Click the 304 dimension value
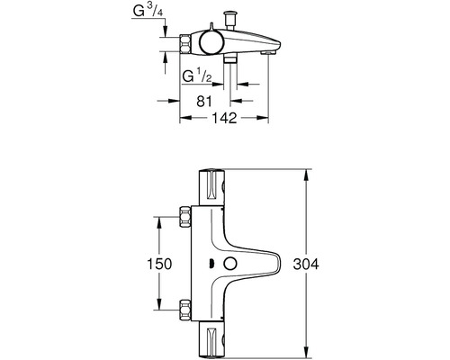tap(306, 265)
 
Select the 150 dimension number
tap(159, 264)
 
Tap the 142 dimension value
tap(224, 118)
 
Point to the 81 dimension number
tap(204, 101)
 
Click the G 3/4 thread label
tap(148, 11)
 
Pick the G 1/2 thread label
tap(197, 76)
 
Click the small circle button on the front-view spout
tap(230, 264)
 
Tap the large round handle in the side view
tap(212, 42)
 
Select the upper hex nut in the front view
tap(184, 217)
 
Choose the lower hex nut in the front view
tap(184, 310)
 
